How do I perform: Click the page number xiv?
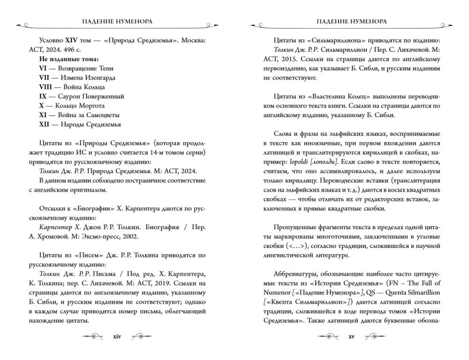(x=117, y=337)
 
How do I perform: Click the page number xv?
(x=352, y=337)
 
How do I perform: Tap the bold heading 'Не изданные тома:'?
(x=69, y=59)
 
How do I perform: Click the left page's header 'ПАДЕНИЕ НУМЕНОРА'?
(x=117, y=22)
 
